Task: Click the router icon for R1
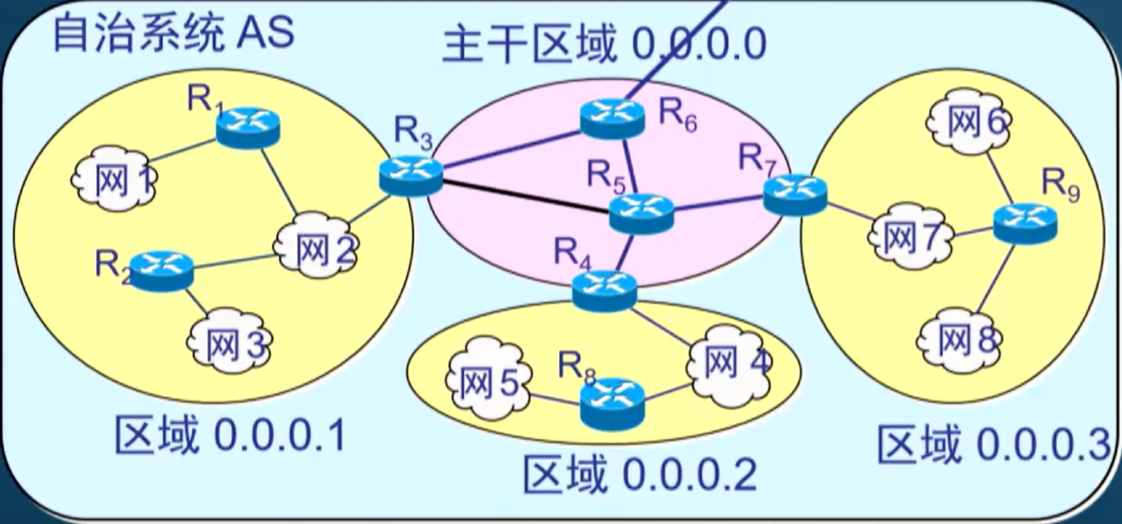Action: point(247,126)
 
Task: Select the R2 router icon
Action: point(162,270)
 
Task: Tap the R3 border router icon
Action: point(411,175)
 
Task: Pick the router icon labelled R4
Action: point(604,290)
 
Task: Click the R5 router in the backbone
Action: point(641,213)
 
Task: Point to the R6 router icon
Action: point(613,117)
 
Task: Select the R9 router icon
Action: point(1025,223)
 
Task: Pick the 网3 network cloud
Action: point(230,342)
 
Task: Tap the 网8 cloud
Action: point(960,341)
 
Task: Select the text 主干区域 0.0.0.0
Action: point(604,45)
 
